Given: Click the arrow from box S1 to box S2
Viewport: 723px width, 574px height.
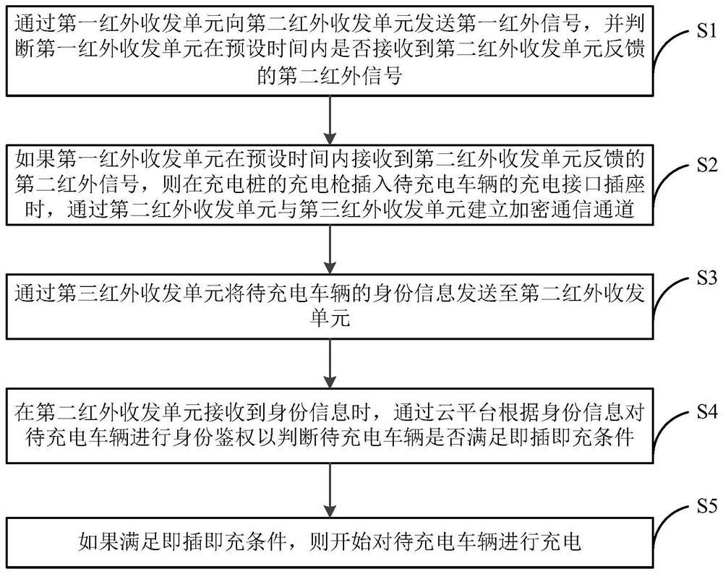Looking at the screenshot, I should tap(330, 119).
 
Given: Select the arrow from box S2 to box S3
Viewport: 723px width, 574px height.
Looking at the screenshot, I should tap(330, 247).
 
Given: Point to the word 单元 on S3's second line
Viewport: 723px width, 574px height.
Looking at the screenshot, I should tap(330, 319).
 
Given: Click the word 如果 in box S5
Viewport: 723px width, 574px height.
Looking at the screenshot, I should tap(96, 541).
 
